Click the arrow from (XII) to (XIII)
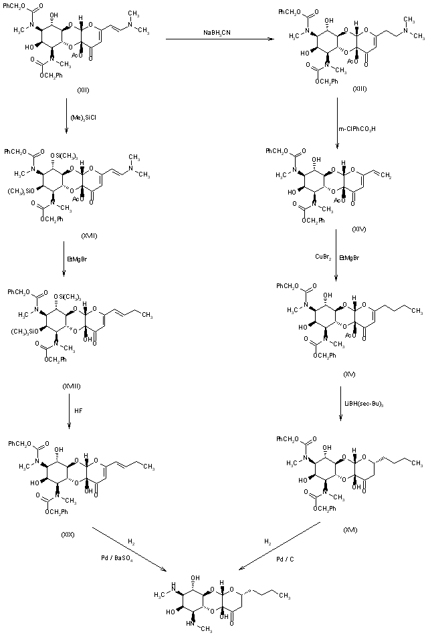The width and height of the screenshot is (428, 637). [x=221, y=40]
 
